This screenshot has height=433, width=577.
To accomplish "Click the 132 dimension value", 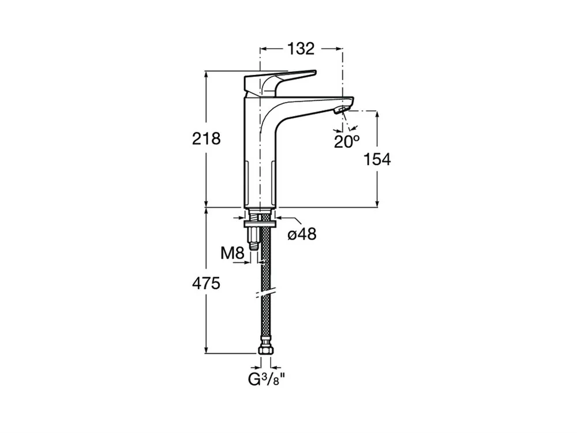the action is coord(301,48).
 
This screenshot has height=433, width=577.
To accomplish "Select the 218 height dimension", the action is coord(207,139).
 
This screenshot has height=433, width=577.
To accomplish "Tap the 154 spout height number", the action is coord(377,159).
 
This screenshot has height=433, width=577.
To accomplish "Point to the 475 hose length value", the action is coord(207,283).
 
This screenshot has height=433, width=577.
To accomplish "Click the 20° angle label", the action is coord(347,141).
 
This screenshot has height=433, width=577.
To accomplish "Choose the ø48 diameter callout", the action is coord(302,234).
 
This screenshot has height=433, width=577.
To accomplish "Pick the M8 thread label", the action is coord(233,253).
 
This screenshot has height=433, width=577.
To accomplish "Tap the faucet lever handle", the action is coord(280,82).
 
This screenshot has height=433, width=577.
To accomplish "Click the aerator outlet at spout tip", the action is coord(341,110).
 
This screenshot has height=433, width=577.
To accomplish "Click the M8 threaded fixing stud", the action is coord(253,238).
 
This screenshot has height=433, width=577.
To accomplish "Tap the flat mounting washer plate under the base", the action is coord(260,224).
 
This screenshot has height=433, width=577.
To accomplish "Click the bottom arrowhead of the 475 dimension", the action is coord(207,350).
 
